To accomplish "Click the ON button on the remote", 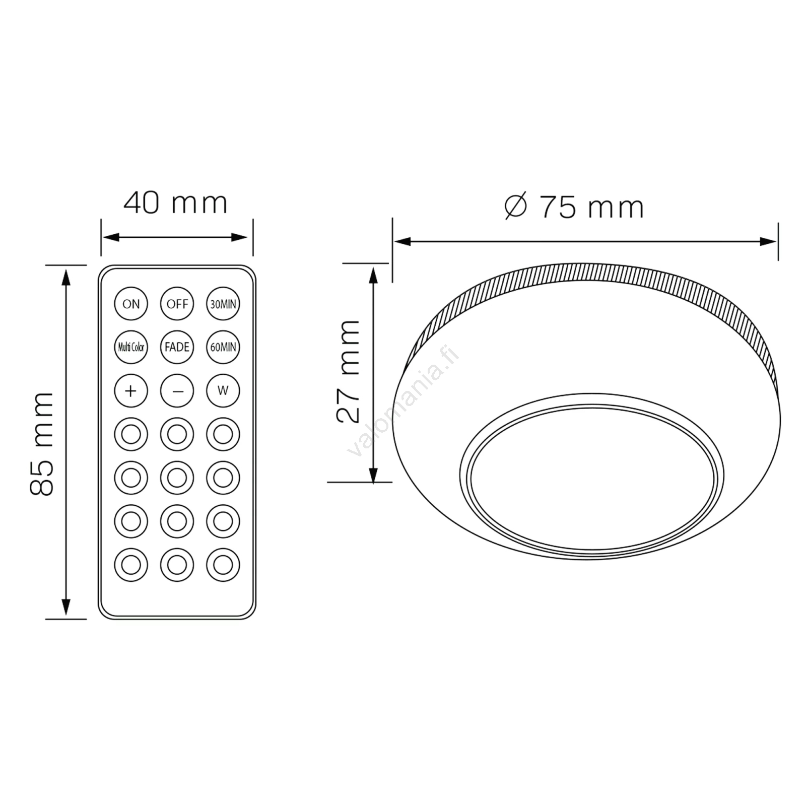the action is point(131,304).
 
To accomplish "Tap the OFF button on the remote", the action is point(177,304).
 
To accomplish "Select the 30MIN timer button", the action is point(223,304).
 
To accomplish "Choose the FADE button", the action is point(177,347).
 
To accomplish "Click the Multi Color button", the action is point(131,347).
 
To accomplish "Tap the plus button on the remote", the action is point(131,390).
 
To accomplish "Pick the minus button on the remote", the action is point(177,390).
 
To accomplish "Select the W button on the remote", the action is point(223,390).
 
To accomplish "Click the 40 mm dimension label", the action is point(175,203).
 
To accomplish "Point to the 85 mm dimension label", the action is point(42,443).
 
